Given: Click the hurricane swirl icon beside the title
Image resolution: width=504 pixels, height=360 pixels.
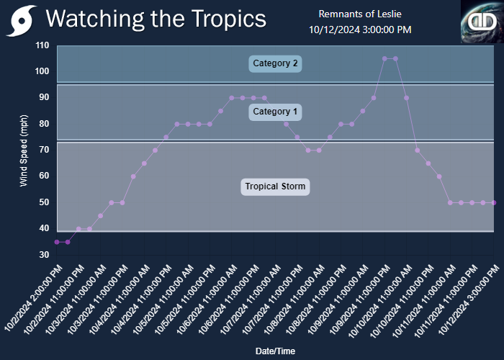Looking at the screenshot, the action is click(21, 21).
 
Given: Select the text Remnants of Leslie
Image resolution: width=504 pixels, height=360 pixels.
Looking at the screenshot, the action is click(360, 14).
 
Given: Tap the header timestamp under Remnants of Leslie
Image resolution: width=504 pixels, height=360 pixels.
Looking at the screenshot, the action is click(360, 30).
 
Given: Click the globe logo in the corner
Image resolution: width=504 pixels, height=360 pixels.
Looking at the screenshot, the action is click(482, 22).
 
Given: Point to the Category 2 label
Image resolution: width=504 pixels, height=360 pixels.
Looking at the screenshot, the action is click(275, 63).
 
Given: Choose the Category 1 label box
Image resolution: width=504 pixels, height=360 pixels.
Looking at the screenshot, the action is click(275, 112).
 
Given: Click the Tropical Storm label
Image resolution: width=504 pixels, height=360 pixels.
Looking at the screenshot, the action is click(275, 186).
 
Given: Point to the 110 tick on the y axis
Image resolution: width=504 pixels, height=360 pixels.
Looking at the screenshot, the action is click(42, 45).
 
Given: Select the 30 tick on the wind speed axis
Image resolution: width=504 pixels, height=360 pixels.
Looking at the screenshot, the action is click(45, 255).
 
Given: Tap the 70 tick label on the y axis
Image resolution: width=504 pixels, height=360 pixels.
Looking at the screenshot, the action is click(45, 150).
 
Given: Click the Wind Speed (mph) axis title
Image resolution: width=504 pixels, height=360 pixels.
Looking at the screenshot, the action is click(24, 150).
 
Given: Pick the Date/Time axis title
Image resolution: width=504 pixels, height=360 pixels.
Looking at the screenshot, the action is click(275, 351).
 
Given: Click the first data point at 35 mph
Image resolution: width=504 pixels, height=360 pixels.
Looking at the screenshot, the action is click(57, 242).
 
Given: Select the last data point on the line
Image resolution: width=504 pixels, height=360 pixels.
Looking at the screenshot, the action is click(494, 203).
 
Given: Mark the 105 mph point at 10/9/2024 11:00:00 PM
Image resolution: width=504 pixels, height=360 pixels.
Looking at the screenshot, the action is click(384, 58).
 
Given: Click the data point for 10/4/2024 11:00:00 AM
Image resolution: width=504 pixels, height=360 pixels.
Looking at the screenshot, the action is click(144, 163).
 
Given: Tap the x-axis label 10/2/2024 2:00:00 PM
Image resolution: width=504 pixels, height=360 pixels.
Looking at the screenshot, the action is click(34, 297).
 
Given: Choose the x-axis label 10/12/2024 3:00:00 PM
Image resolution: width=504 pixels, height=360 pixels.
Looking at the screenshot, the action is click(469, 299).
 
